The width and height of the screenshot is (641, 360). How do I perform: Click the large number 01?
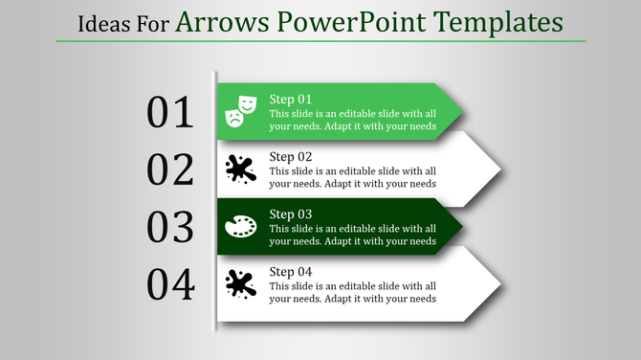(x=170, y=113)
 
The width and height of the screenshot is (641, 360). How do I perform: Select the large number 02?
(x=170, y=169)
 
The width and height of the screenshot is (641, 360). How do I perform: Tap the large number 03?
(x=170, y=227)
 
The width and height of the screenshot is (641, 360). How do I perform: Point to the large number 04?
(x=170, y=284)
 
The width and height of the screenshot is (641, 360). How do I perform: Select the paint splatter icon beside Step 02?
(x=240, y=169)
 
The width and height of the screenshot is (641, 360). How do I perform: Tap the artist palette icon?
(x=240, y=227)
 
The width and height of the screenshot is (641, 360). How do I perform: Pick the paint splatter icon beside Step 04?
(x=240, y=283)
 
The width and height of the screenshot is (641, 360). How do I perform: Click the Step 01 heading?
(x=291, y=100)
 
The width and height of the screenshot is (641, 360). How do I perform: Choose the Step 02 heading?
(x=291, y=157)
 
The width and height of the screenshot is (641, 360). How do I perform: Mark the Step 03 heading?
(x=291, y=214)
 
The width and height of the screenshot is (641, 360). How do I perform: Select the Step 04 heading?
(x=291, y=272)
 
